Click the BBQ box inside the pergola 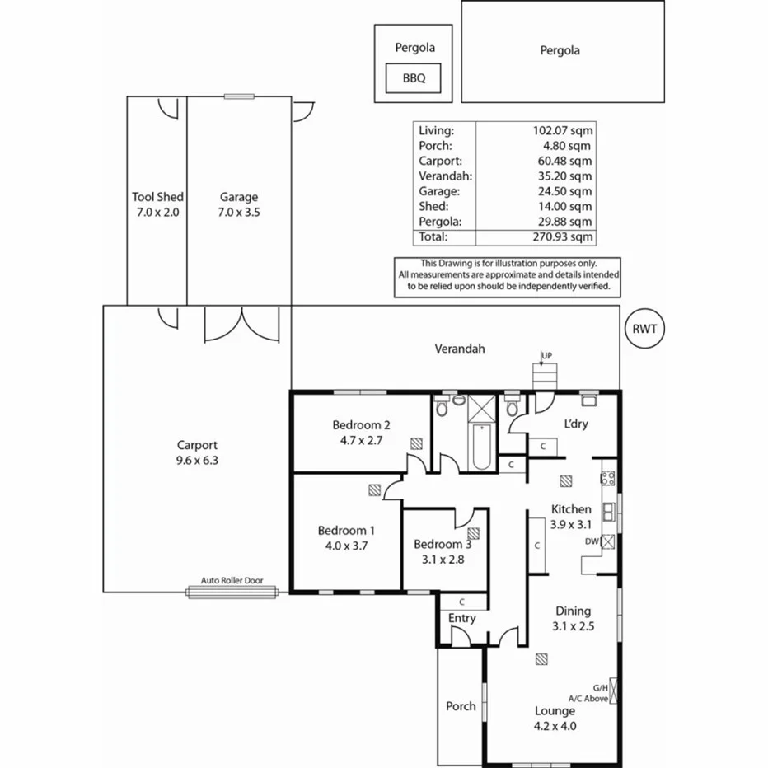pos(413,79)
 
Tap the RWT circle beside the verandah pos(644,328)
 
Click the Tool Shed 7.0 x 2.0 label pos(157,204)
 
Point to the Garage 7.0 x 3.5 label pos(239,204)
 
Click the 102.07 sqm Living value pos(563,130)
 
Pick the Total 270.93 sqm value pos(563,236)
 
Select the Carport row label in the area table pos(440,161)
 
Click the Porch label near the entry pos(461,705)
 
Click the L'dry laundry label pos(575,424)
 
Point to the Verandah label pos(460,349)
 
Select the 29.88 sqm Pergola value pos(563,222)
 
